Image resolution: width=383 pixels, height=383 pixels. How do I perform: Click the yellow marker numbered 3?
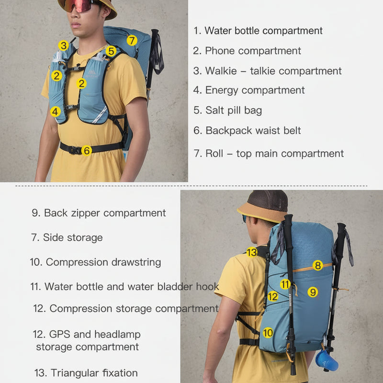point(64,45)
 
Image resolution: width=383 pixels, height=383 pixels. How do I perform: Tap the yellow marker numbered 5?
point(111,51)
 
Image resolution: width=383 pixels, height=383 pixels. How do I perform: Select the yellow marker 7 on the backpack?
point(132,40)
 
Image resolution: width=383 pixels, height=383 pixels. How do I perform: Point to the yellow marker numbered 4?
point(56,112)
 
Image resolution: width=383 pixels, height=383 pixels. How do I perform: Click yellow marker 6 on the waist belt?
point(87,150)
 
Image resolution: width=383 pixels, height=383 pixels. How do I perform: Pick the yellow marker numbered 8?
point(318,265)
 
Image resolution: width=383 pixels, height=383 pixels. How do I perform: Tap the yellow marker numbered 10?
point(268,333)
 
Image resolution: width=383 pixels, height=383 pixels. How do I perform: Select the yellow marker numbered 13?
point(252,252)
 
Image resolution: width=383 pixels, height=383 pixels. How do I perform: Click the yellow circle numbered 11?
point(285,284)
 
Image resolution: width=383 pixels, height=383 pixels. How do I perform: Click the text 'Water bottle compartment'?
point(263,31)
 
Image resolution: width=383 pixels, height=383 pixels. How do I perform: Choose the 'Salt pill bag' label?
point(234,110)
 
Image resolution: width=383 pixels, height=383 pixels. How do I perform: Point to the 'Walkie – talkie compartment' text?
point(273,71)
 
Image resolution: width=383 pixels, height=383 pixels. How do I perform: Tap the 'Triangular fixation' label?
point(94,373)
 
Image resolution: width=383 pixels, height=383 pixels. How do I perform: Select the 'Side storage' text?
point(73,237)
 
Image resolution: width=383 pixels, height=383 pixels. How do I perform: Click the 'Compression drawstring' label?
point(103,262)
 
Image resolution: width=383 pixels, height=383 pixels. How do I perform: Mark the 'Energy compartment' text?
point(255,90)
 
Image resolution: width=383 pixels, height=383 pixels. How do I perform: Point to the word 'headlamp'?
point(117,334)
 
